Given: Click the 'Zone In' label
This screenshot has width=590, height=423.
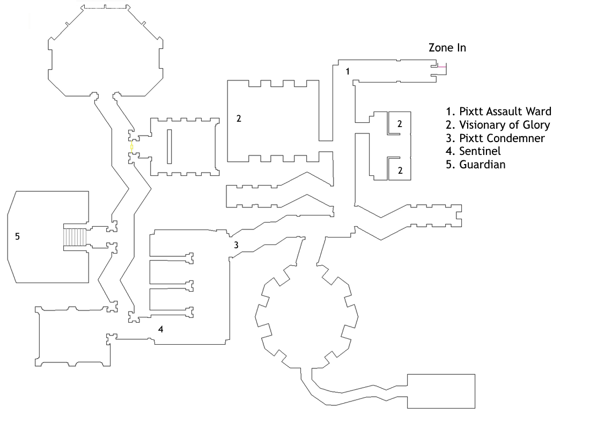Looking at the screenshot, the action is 447,48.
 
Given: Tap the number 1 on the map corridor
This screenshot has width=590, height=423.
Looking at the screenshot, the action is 348,71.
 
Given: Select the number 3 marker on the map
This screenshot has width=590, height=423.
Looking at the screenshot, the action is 237,245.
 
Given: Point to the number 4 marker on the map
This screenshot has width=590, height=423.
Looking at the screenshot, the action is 161,329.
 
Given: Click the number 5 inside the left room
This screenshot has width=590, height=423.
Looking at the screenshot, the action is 17,236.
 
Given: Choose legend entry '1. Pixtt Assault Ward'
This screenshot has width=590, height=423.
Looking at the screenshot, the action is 499,112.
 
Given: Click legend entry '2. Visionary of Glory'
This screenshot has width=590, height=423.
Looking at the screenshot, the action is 498,125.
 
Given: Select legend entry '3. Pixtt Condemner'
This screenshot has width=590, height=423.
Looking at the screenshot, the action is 495,138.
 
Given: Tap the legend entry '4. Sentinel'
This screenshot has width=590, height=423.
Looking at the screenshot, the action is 474,151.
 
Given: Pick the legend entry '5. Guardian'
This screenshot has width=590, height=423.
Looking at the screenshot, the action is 476,164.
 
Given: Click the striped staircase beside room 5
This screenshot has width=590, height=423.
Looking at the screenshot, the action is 75,237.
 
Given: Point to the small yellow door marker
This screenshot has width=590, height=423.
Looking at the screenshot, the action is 132,147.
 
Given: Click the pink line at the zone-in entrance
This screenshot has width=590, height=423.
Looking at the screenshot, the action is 442,67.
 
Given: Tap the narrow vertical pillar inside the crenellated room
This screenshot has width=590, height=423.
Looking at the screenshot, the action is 169,147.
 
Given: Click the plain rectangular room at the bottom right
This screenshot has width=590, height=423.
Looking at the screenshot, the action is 441,391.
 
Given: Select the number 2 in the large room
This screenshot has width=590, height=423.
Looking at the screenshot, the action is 239,118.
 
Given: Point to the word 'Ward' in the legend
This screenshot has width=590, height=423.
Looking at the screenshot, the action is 539,112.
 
